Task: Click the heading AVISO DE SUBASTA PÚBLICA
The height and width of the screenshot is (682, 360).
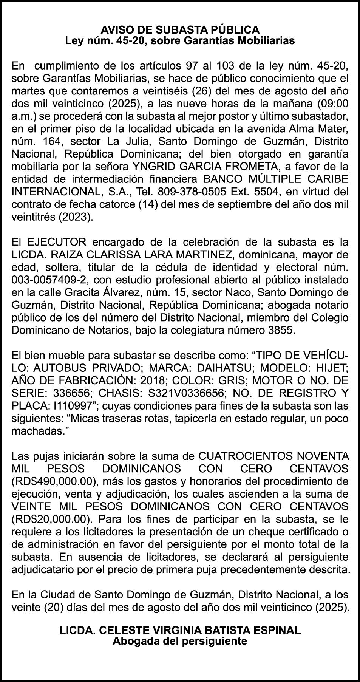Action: click(x=180, y=29)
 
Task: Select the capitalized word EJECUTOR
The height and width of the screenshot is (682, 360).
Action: click(x=56, y=242)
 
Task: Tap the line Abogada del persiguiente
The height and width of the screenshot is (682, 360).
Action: click(x=180, y=641)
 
